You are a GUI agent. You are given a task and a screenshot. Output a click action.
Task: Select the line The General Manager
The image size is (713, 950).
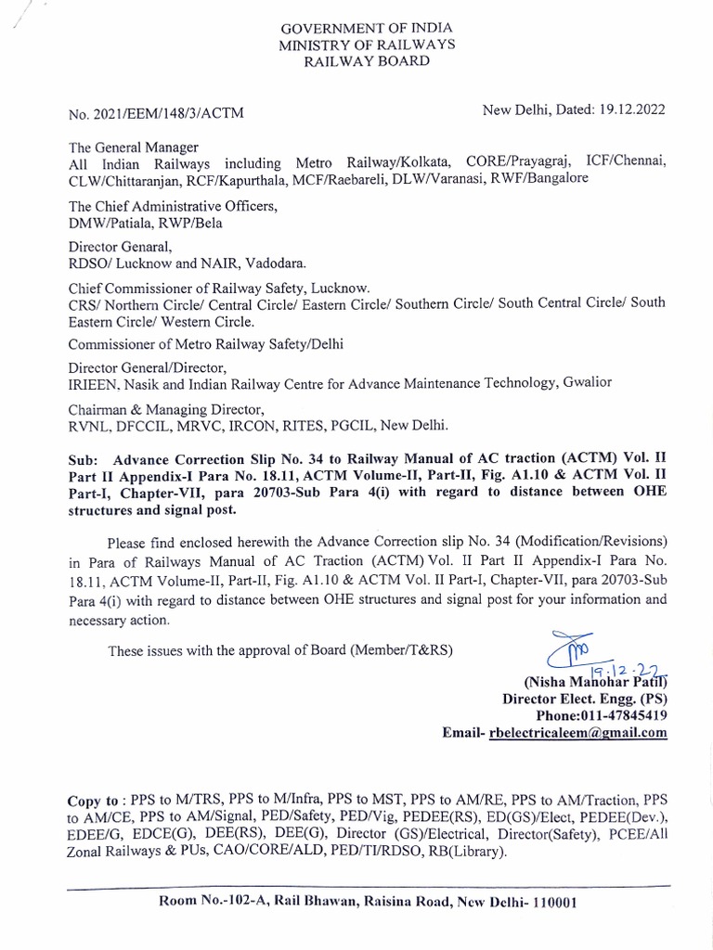coord(132,147)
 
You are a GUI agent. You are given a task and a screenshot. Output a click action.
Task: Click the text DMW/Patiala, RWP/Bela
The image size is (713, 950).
coord(144,223)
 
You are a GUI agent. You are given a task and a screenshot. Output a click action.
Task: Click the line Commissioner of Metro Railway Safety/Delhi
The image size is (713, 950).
coord(205,345)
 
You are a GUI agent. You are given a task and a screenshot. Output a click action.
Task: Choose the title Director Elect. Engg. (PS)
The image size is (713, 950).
coord(584,698)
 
